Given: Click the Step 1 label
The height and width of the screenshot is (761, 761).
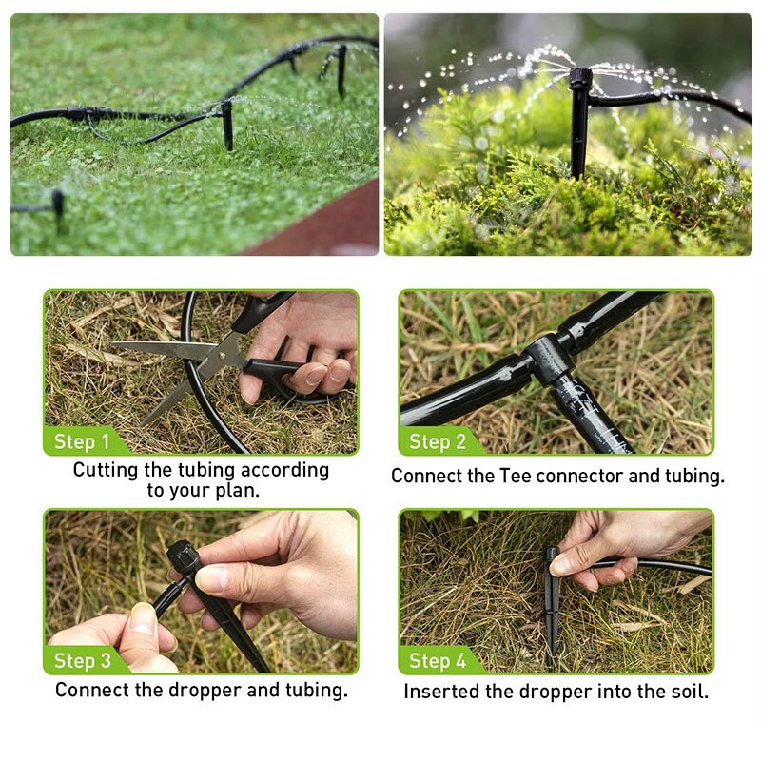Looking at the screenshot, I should [x=82, y=441].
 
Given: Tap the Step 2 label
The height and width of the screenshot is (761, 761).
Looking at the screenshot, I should [x=438, y=441].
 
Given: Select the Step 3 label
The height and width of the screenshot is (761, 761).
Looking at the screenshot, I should [x=83, y=661].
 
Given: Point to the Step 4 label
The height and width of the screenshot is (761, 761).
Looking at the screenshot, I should [x=438, y=661].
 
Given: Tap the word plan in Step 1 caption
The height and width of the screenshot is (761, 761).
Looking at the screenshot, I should [x=234, y=492].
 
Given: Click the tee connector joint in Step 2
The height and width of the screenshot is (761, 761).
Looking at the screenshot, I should [x=549, y=358].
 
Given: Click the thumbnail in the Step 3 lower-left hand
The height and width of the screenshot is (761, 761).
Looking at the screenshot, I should [x=144, y=619].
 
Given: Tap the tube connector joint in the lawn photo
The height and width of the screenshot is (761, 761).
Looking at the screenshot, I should [x=77, y=113].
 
